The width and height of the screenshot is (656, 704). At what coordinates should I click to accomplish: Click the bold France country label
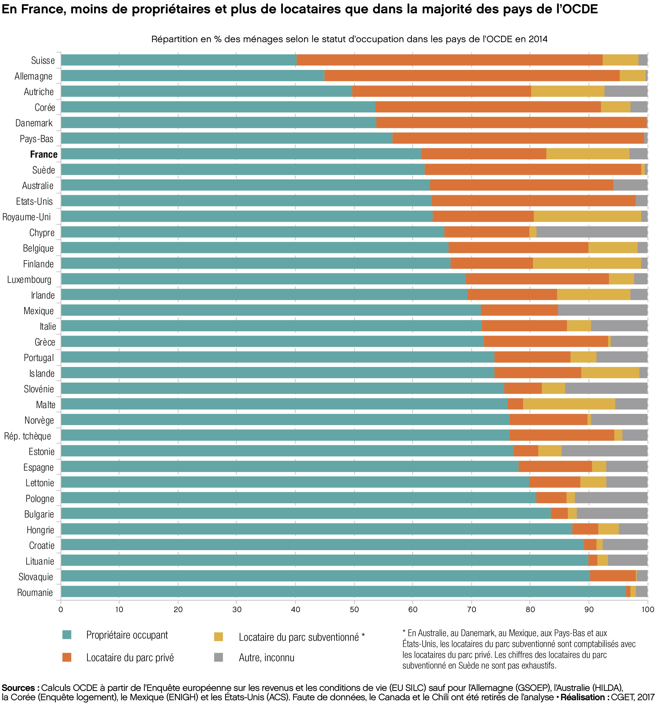44,154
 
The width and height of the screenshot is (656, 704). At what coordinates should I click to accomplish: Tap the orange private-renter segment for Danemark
511,123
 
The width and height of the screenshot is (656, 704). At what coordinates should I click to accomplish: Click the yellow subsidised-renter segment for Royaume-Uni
587,217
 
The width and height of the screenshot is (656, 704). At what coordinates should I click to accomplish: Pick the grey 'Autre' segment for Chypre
592,232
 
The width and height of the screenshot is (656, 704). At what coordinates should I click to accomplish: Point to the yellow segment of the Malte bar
569,404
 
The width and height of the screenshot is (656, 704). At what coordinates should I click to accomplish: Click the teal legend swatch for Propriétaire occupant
67,635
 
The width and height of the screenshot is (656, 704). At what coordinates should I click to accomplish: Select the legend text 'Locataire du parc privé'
130,658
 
